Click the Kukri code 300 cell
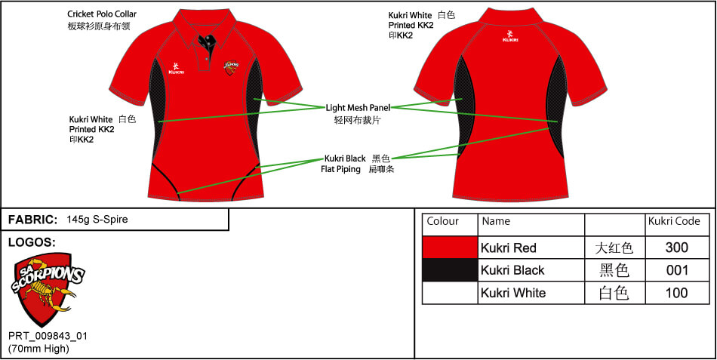click(x=676, y=248)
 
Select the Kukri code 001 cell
click(x=676, y=270)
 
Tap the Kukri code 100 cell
click(x=676, y=293)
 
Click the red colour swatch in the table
click(x=450, y=248)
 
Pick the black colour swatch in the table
click(x=450, y=270)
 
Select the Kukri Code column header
click(x=674, y=221)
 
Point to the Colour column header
click(x=442, y=221)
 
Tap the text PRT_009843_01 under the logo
click(x=48, y=336)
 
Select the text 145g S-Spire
click(x=97, y=220)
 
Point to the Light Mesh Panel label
click(x=358, y=108)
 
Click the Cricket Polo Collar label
click(x=102, y=14)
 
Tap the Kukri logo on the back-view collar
click(x=510, y=36)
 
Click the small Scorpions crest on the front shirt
click(x=232, y=68)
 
